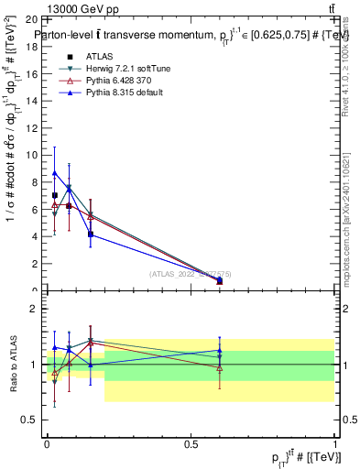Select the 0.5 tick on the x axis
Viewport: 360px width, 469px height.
pos(191,443)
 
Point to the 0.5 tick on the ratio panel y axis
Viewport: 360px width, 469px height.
pos(34,420)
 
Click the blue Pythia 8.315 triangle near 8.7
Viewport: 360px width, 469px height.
pos(55,172)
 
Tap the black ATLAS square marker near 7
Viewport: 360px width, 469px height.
pos(55,195)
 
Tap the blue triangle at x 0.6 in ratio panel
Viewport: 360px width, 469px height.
pos(219,351)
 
